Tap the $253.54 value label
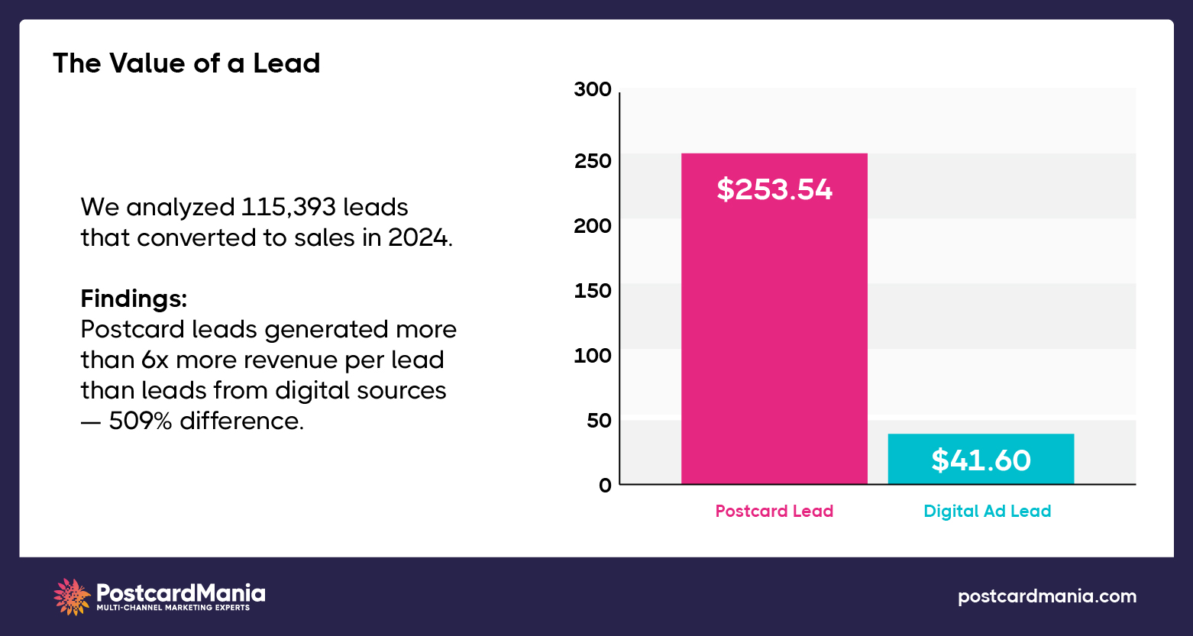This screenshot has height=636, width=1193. coord(774,189)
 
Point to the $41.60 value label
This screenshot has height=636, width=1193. coord(981,460)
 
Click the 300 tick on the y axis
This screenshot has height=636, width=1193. coord(593,90)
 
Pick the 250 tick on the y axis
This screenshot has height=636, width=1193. coord(593,161)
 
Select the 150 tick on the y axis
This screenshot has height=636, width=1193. coord(593,291)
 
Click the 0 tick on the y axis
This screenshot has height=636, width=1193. coord(605,485)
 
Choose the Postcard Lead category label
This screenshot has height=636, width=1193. coord(774,512)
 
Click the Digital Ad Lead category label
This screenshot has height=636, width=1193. coord(987,512)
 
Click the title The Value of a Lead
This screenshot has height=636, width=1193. coord(186,63)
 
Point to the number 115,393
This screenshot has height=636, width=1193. coord(289,208)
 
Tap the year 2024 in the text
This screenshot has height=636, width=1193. coord(418,238)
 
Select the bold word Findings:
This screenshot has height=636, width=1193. coord(134,299)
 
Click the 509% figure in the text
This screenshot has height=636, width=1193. coord(140,421)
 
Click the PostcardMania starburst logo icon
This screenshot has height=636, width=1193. coord(72,596)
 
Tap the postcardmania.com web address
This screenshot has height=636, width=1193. coord(1046,596)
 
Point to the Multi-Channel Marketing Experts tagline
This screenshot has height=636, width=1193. coord(173,609)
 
